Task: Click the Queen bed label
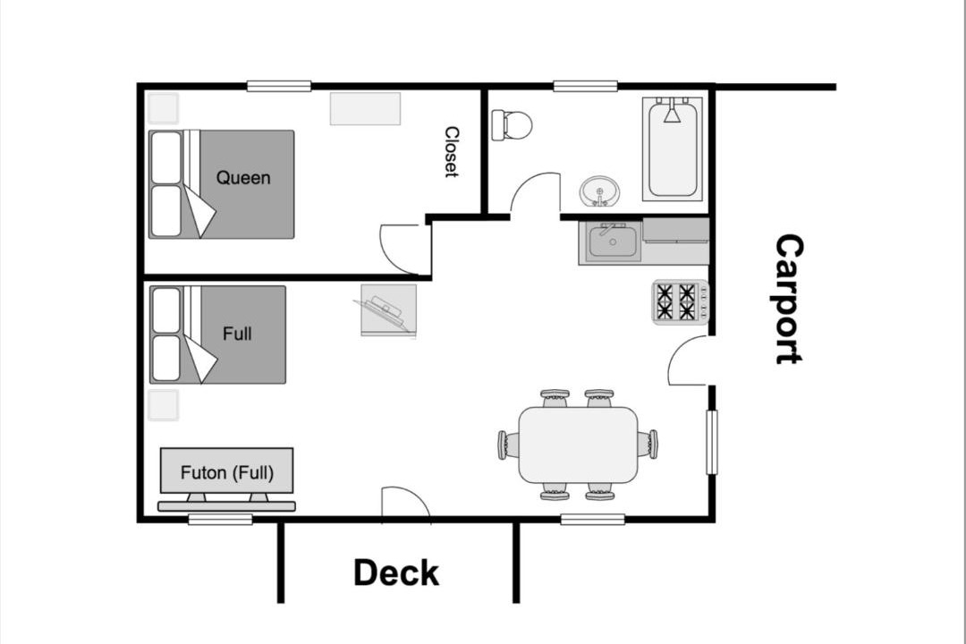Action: click(x=242, y=178)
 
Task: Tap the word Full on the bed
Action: click(x=236, y=334)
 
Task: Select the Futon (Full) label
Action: click(x=226, y=472)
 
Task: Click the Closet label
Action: click(x=452, y=152)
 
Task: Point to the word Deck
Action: click(x=396, y=572)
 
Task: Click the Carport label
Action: click(x=789, y=299)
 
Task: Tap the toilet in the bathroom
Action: click(x=512, y=125)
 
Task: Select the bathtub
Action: click(x=672, y=148)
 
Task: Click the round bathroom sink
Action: click(x=598, y=191)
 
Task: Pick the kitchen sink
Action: click(x=613, y=242)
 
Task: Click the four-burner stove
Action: click(x=681, y=301)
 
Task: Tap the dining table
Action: click(x=578, y=445)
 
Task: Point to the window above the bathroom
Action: click(x=585, y=86)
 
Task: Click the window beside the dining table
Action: click(x=712, y=443)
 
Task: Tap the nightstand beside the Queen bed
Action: click(x=164, y=108)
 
